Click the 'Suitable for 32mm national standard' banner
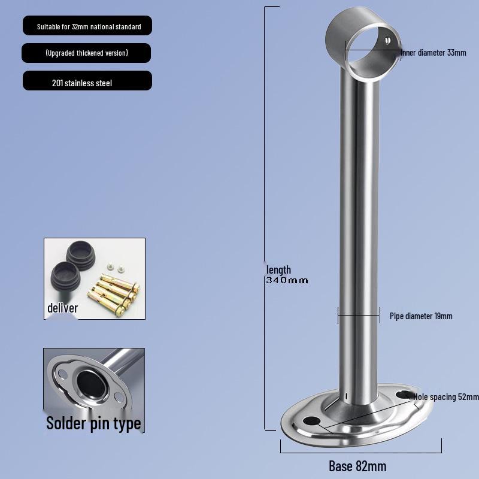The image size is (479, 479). pyautogui.click(x=87, y=26)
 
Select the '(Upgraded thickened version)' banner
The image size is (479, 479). pyautogui.click(x=86, y=53)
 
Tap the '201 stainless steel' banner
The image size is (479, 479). pyautogui.click(x=87, y=81)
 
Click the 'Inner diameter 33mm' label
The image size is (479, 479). pyautogui.click(x=433, y=53)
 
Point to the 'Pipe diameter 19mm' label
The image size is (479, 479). pyautogui.click(x=421, y=316)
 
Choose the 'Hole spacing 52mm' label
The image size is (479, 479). pyautogui.click(x=446, y=397)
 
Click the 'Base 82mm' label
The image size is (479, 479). pyautogui.click(x=357, y=466)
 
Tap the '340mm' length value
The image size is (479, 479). pyautogui.click(x=287, y=280)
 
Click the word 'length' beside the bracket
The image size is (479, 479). pyautogui.click(x=278, y=270)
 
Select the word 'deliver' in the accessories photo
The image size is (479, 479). pyautogui.click(x=63, y=308)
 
